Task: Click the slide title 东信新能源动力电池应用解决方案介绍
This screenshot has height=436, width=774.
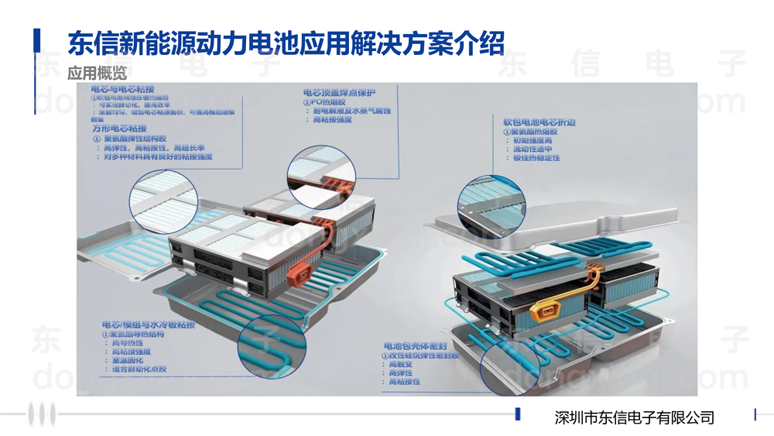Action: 286,43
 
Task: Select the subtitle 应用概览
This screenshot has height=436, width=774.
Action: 96,74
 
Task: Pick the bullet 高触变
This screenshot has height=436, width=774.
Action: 402,364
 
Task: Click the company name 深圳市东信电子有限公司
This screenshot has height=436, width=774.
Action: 635,417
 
